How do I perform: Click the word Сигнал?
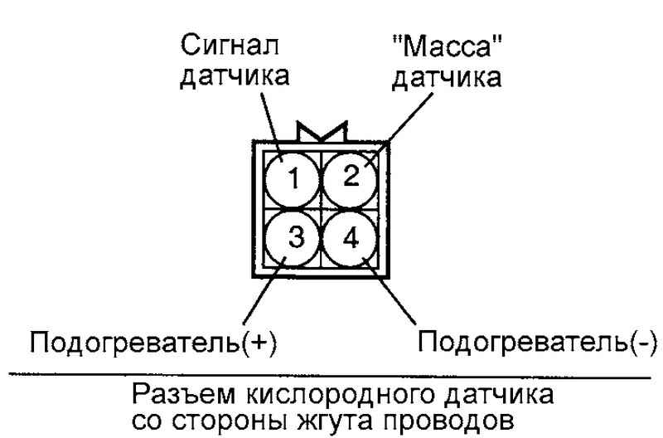coord(230,45)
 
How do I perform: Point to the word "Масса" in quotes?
coord(447,46)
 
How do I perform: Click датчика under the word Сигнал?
coord(235,76)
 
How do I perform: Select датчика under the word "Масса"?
coord(447,78)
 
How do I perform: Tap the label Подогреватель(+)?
coord(153,342)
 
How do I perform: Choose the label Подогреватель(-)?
coord(538,341)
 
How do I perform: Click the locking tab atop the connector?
coord(322,132)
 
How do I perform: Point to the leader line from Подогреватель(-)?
coord(389,290)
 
